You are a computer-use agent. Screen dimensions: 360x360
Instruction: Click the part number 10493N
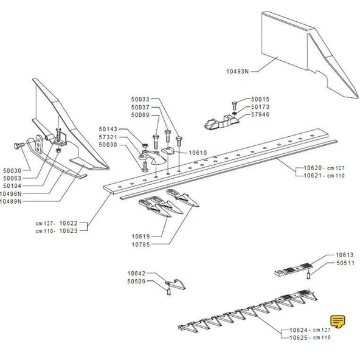tap(237, 71)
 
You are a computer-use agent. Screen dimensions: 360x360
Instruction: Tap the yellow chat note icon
tap(337, 322)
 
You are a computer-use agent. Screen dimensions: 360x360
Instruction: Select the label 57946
tap(260, 114)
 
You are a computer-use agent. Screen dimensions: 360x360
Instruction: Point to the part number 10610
tap(198, 153)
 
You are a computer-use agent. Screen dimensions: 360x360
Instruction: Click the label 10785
tap(140, 244)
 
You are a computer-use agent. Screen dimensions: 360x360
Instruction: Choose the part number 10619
tap(140, 237)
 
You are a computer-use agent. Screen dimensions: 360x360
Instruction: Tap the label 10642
tap(137, 274)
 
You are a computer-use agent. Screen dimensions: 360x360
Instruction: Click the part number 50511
tap(345, 263)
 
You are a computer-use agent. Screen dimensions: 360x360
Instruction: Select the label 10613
tap(345, 255)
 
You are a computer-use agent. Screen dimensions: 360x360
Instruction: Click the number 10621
tap(313, 176)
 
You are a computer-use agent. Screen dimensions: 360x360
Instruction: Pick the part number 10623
tap(69, 230)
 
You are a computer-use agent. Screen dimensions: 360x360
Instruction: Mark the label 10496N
tap(10, 194)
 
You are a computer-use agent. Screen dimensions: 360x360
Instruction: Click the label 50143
tap(108, 129)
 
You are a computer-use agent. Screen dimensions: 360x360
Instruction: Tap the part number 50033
tap(140, 99)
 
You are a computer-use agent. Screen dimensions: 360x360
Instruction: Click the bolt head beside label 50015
tap(234, 103)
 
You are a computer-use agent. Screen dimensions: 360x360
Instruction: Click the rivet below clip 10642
tap(169, 292)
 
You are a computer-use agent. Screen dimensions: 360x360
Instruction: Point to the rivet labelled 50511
tap(308, 275)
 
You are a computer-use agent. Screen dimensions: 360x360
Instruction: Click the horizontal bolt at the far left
tap(19, 145)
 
